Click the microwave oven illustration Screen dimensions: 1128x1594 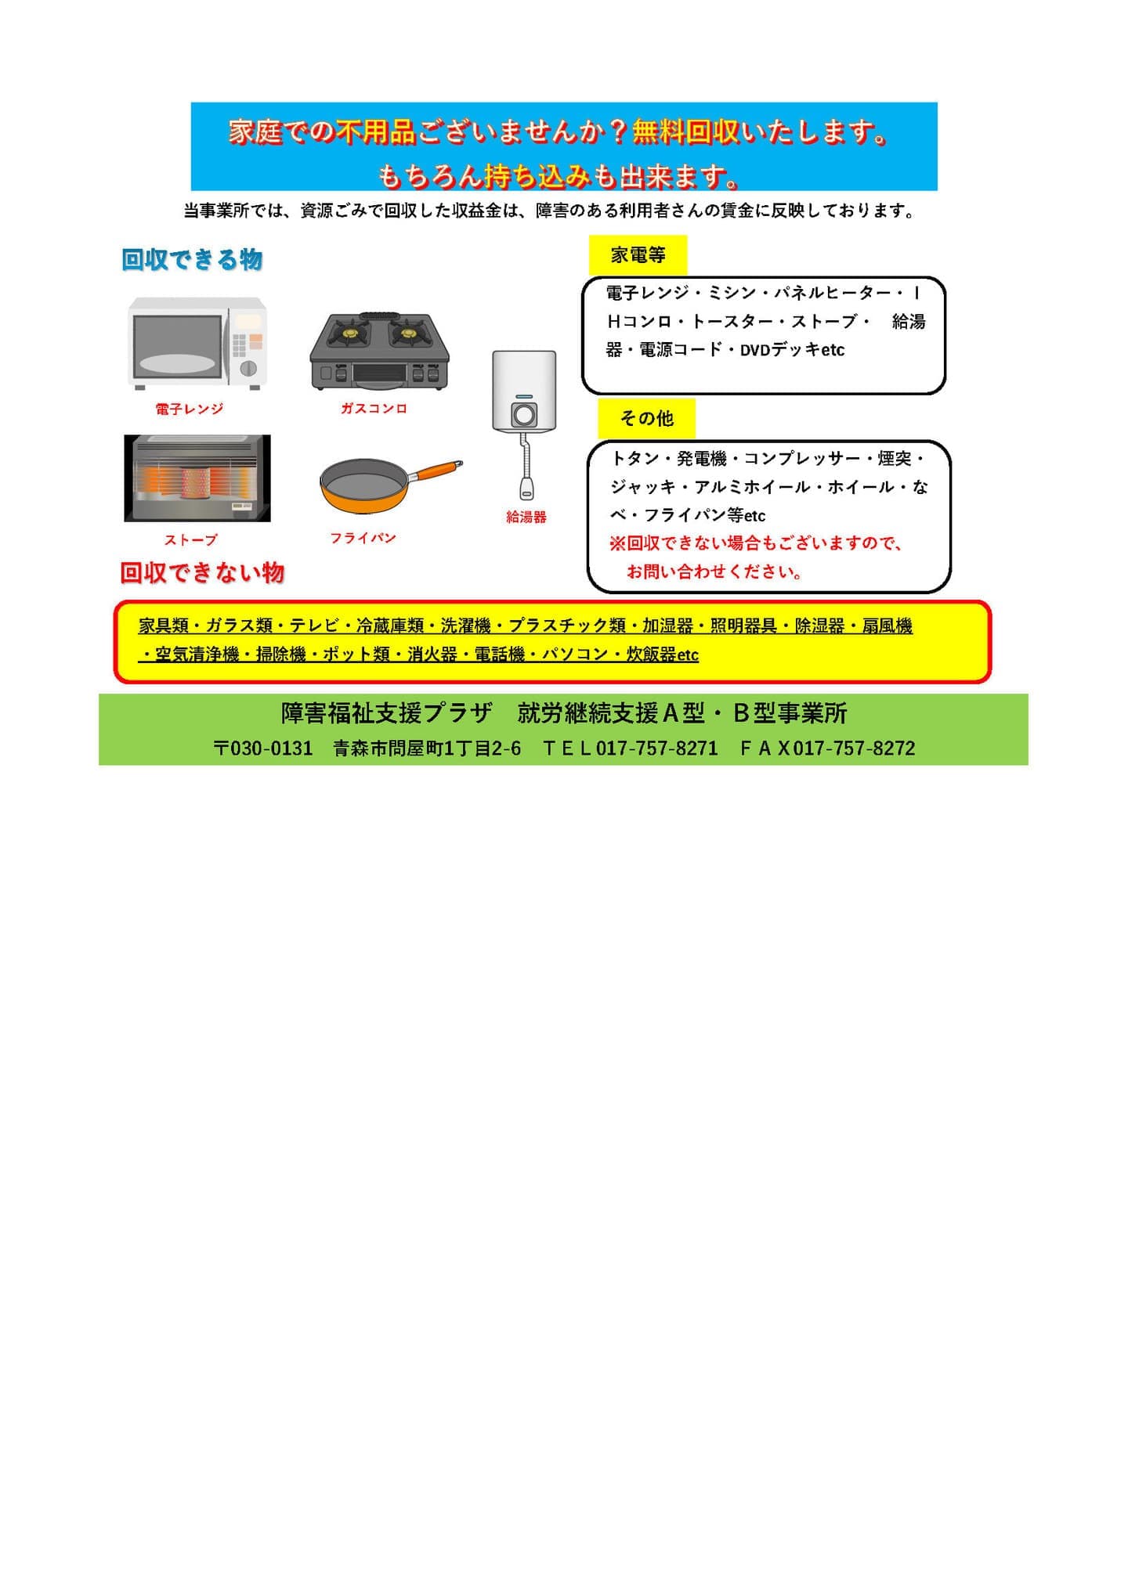(197, 343)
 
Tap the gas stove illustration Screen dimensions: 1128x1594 (380, 351)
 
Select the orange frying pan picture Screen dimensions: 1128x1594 (391, 485)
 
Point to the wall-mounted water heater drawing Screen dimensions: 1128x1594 (524, 424)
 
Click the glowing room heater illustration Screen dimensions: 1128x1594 (197, 478)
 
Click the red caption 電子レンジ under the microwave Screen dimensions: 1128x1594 (189, 409)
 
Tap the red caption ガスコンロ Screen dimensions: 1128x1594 (374, 408)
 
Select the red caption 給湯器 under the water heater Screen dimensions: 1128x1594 (526, 517)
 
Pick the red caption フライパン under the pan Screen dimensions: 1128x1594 (363, 538)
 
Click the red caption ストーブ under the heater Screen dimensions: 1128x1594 (190, 539)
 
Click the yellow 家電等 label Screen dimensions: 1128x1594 (638, 255)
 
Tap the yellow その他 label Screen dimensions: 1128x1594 (646, 419)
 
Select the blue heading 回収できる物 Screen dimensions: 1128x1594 (192, 259)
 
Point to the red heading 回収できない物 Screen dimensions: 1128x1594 (202, 572)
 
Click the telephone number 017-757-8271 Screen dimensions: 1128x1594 (657, 748)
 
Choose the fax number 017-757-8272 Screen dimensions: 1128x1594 (854, 748)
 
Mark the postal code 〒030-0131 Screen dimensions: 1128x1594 (263, 748)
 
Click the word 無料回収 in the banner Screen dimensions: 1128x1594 (685, 132)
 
